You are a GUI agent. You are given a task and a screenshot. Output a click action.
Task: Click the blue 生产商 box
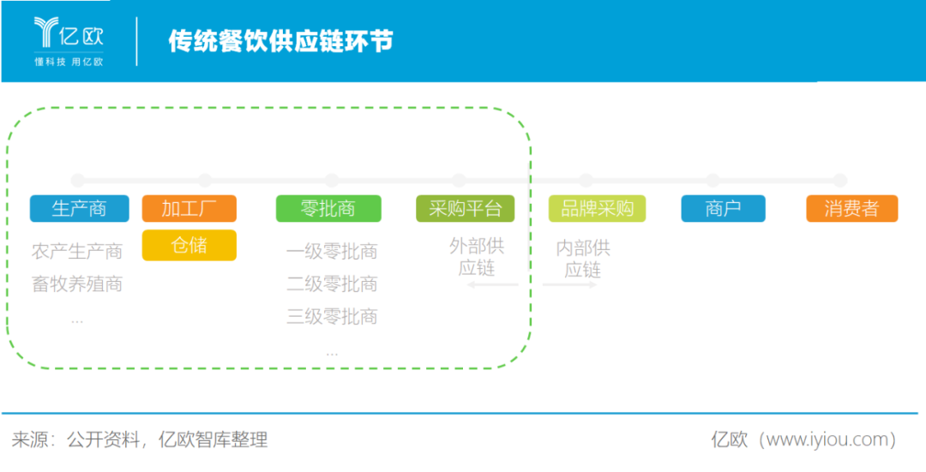(x=79, y=208)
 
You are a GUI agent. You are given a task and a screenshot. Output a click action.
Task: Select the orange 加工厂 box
(x=189, y=208)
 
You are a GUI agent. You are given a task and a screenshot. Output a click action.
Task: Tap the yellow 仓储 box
(x=189, y=245)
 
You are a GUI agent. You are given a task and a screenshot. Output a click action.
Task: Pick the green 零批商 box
(x=328, y=208)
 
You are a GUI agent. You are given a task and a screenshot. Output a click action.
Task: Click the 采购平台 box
(x=465, y=208)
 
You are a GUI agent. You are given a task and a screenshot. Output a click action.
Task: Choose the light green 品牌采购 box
(x=597, y=208)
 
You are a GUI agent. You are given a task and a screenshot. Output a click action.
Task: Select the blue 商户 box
(x=723, y=208)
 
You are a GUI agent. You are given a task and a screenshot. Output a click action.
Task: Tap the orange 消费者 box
(x=851, y=208)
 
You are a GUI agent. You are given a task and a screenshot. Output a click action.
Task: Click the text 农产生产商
(x=77, y=251)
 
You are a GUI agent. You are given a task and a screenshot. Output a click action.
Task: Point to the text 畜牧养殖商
(x=77, y=284)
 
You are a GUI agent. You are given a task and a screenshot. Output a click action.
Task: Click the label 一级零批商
(x=332, y=251)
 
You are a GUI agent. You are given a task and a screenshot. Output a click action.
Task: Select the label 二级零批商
(x=332, y=284)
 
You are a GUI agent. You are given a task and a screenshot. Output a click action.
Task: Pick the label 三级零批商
(x=332, y=317)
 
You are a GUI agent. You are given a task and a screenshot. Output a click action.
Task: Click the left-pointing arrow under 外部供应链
(x=493, y=285)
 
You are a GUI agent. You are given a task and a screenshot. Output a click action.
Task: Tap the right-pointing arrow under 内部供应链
(x=570, y=285)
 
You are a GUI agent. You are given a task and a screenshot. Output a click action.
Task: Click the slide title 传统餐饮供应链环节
(x=280, y=41)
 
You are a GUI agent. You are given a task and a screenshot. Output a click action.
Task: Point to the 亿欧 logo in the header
(x=69, y=41)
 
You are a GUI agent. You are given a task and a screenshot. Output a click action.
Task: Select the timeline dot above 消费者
(x=839, y=181)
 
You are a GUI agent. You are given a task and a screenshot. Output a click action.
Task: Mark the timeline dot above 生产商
(x=77, y=181)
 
